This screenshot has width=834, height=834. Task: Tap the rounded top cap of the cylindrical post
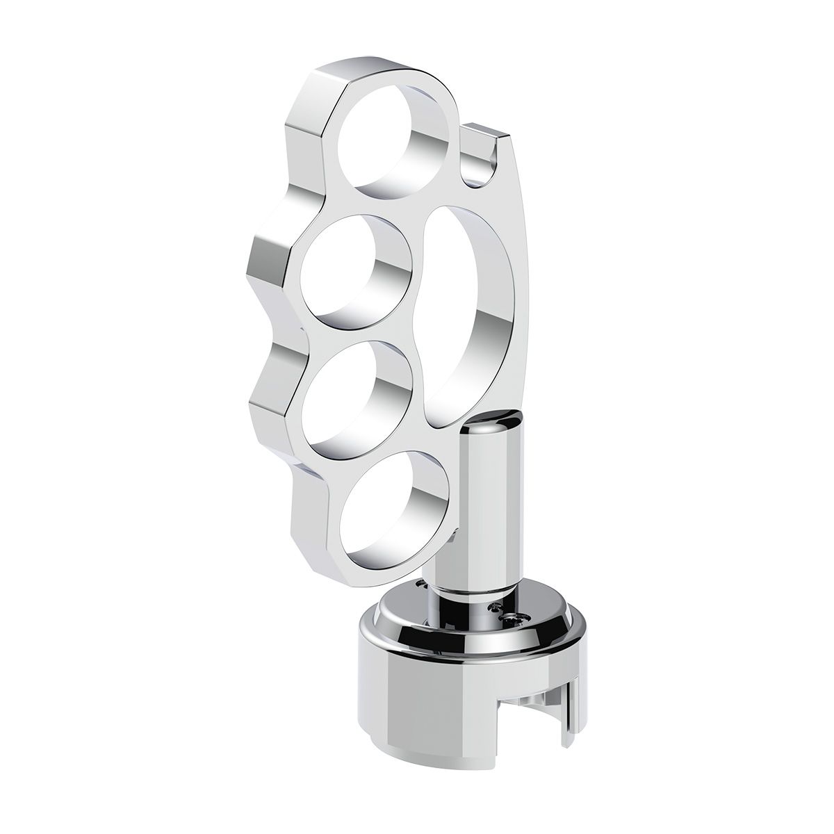tap(499, 421)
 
